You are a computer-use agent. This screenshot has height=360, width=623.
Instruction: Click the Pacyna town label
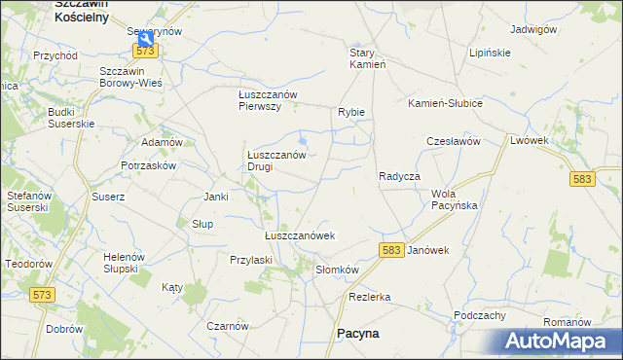pos(357,333)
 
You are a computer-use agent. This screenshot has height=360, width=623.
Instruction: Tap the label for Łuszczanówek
pos(300,235)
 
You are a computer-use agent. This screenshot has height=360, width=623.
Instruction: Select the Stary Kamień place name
pos(369,58)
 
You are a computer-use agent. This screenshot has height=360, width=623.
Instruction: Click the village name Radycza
pos(398,176)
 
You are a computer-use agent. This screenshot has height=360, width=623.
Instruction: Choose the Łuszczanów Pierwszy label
pos(274,100)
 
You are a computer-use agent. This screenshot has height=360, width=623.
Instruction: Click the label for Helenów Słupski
pos(124,262)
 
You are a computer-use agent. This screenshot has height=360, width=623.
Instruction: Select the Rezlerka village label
pos(369,297)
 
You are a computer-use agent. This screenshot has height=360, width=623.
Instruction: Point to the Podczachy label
pos(479,315)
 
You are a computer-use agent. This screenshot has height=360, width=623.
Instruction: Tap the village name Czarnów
pos(228,326)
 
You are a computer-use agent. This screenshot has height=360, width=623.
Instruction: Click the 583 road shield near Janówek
pos(391,251)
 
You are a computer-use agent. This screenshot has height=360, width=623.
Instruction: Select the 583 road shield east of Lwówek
pos(582,179)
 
